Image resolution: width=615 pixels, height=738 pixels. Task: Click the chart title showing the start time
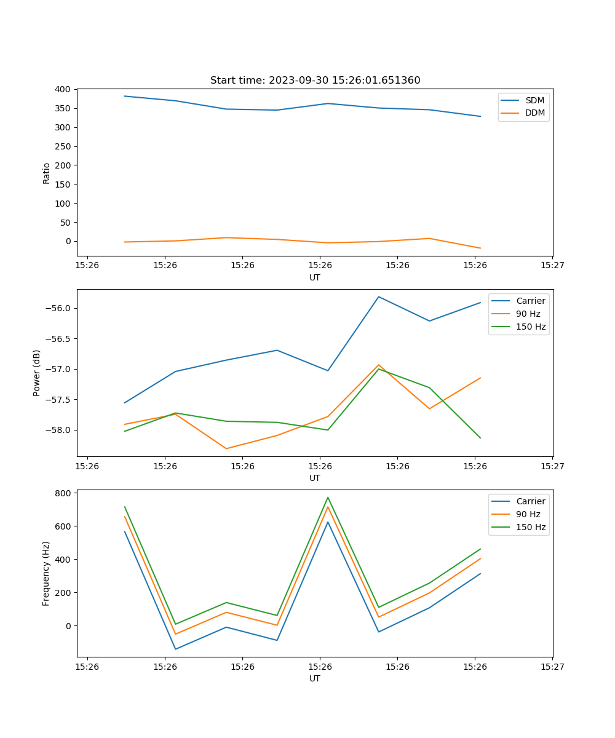(x=315, y=81)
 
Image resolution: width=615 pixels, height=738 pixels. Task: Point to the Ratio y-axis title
(x=47, y=173)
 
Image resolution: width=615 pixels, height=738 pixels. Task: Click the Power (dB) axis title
(x=37, y=373)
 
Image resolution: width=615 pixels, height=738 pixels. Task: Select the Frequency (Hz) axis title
(x=46, y=573)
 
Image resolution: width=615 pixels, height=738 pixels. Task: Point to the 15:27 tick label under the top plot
(x=552, y=265)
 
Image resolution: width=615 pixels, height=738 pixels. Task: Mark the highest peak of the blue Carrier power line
(x=379, y=296)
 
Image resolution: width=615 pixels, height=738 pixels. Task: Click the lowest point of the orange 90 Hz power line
(x=226, y=448)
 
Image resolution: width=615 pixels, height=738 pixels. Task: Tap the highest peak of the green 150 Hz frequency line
(x=328, y=497)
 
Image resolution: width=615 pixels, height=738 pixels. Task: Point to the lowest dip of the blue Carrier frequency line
(x=175, y=649)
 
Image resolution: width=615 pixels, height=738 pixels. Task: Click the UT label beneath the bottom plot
(x=315, y=678)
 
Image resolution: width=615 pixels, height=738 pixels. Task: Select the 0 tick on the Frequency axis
(x=69, y=626)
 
